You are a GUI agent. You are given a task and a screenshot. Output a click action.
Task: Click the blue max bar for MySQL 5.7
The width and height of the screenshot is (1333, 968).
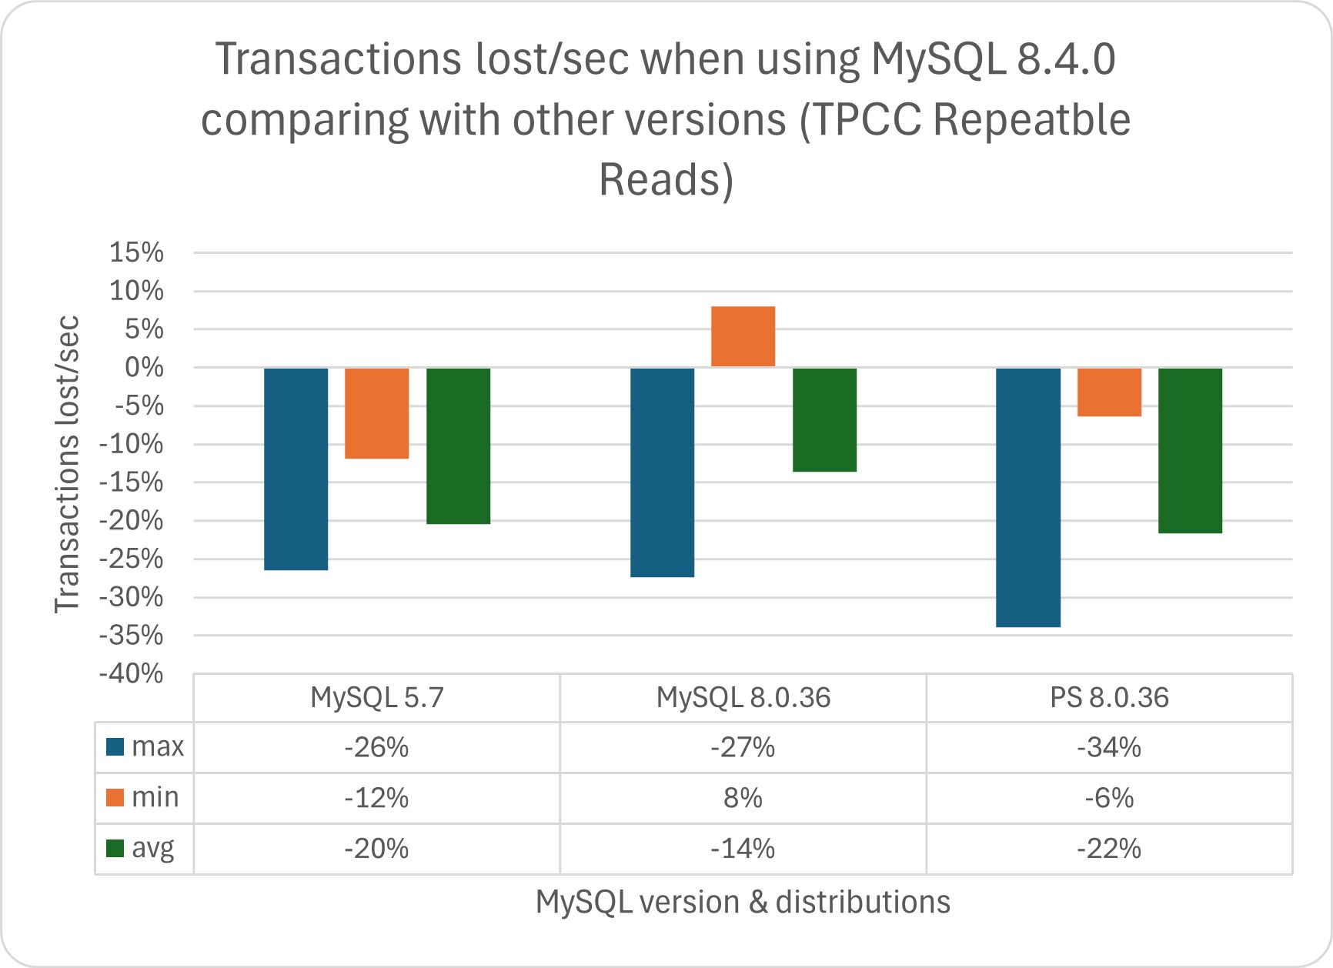296,469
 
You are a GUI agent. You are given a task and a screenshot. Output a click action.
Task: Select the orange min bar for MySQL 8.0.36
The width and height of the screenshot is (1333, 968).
743,336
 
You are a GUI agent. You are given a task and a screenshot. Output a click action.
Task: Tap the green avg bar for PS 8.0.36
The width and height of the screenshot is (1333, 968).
1190,450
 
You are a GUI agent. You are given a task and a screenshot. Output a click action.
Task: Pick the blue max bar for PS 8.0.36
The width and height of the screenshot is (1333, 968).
1027,497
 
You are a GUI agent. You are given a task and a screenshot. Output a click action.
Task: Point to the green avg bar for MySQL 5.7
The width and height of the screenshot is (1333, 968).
458,446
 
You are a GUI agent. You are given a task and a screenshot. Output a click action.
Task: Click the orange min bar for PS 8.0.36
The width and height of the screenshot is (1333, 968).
1109,392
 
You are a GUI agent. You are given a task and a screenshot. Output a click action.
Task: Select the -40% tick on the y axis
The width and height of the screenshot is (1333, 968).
132,674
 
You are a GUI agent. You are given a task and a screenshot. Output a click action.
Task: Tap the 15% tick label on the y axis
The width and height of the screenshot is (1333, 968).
137,252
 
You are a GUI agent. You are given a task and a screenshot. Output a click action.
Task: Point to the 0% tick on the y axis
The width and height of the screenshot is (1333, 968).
144,368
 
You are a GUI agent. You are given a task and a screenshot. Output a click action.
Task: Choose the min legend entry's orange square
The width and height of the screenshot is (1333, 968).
115,797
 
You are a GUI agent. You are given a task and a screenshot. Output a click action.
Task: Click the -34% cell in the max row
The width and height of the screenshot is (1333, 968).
1108,747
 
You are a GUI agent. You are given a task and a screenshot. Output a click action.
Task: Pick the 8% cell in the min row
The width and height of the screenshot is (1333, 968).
743,798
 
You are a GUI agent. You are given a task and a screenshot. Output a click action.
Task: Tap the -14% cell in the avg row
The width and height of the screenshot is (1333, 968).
743,849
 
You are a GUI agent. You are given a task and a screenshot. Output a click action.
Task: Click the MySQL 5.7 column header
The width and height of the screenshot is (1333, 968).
376,698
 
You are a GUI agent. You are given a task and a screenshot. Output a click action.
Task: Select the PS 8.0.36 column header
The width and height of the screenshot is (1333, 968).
1108,698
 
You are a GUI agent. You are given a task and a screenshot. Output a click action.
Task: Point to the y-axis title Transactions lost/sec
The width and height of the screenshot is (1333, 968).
68,464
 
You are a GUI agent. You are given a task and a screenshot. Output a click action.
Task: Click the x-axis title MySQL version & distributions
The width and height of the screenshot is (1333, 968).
743,902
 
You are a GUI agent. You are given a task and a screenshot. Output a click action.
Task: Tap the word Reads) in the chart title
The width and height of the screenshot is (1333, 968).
666,180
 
